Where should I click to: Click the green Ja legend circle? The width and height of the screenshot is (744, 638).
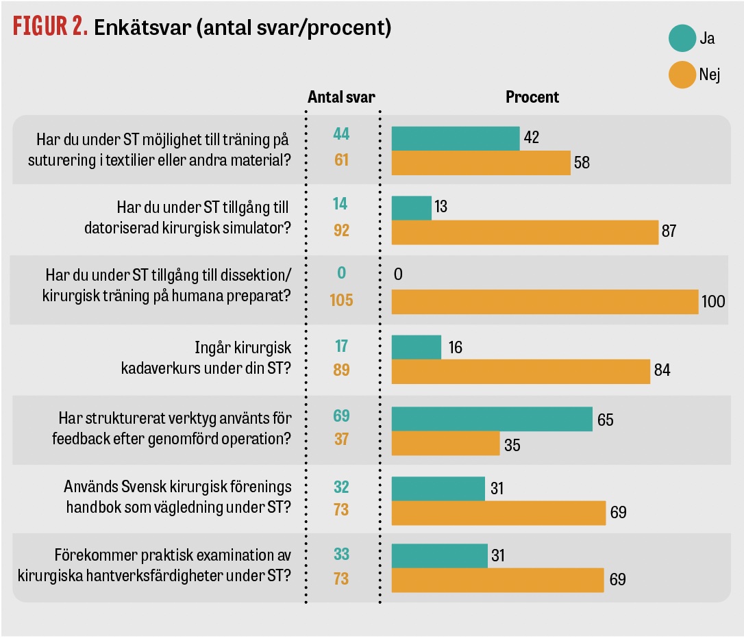pos(682,38)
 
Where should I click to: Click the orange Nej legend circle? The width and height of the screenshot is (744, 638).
pos(682,75)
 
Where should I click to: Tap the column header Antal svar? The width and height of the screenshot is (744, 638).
pos(341,97)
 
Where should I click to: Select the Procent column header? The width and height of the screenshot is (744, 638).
pos(532,97)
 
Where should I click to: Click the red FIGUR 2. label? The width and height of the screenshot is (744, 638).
pos(47,27)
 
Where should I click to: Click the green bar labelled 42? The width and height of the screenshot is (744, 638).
pos(456,138)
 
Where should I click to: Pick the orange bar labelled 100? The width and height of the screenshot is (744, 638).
pos(545,301)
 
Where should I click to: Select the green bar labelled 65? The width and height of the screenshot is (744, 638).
pos(492,419)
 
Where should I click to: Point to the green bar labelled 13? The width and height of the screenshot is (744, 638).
pos(412,208)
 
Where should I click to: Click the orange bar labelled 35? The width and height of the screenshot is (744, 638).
pos(445,443)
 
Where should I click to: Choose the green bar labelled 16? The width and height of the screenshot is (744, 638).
pos(417,347)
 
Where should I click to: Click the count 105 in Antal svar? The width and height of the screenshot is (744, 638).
pos(341,299)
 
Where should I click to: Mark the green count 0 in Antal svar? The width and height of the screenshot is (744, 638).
pos(341,273)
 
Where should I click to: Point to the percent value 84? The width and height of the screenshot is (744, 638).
pos(662,371)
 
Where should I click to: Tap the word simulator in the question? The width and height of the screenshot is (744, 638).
pos(255,229)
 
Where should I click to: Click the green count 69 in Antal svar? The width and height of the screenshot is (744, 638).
pos(341,416)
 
